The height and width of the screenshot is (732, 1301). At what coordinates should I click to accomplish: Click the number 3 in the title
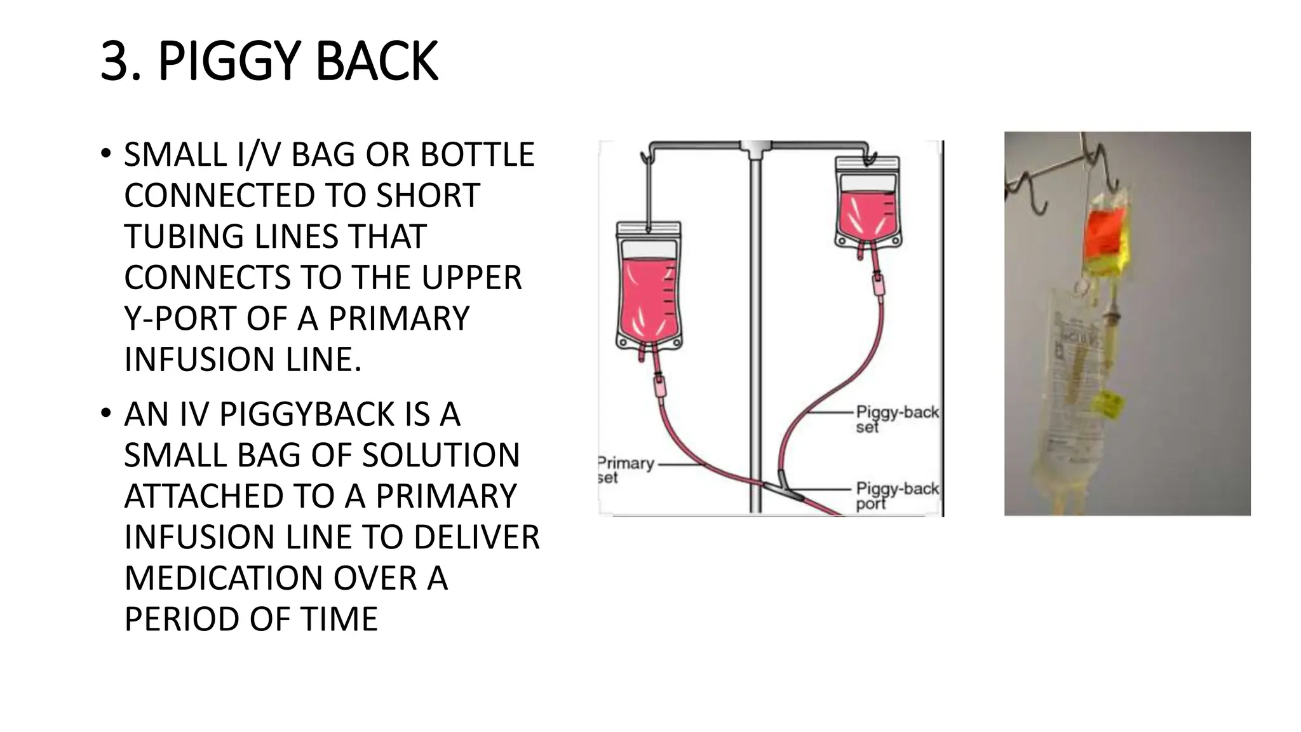pos(120,62)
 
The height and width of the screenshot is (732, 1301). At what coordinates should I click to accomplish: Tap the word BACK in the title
pos(376,62)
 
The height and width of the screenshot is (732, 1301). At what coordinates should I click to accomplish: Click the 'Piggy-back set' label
pos(896,419)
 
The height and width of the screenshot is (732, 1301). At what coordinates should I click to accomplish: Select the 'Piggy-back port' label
pos(896,496)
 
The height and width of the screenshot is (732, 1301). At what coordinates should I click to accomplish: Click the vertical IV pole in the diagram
pos(755,330)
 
